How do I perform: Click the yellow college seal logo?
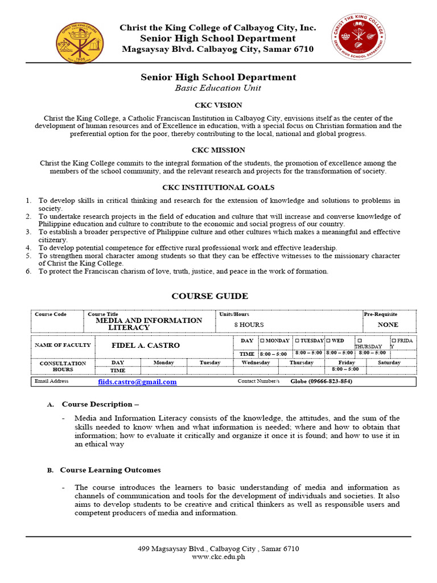click(80, 43)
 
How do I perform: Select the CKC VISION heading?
click(218, 105)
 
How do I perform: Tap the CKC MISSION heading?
click(218, 150)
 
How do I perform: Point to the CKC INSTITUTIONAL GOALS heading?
click(218, 187)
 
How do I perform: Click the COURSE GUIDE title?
click(210, 296)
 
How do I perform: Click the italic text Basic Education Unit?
click(218, 88)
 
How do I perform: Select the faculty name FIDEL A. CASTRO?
click(138, 346)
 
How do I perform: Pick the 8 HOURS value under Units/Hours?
click(249, 324)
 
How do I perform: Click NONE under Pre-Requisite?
click(388, 325)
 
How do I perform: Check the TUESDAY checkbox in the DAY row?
click(298, 340)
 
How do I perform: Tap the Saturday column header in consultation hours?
click(389, 363)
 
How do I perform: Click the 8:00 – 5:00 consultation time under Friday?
click(345, 369)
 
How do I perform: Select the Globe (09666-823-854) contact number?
click(321, 381)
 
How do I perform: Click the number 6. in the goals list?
click(28, 272)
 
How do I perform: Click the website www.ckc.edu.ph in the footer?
click(218, 557)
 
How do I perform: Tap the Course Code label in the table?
click(51, 314)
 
